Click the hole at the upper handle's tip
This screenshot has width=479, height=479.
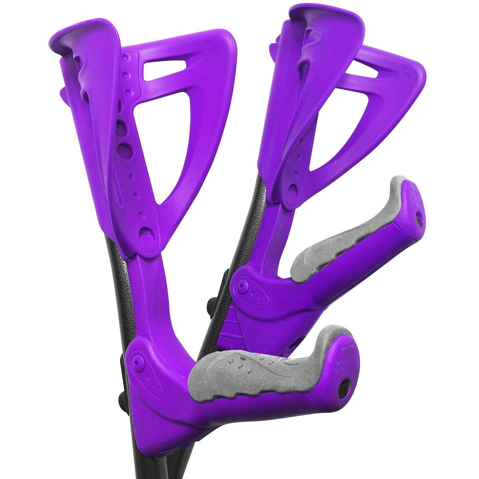coord(419,219)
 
